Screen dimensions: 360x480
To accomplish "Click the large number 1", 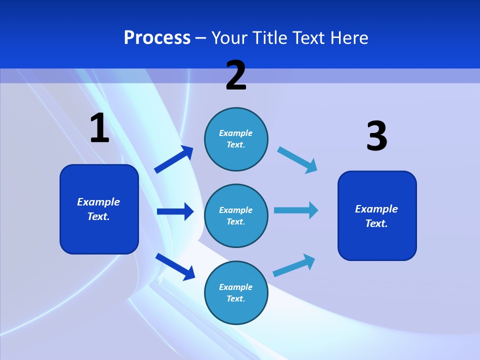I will (x=99, y=128).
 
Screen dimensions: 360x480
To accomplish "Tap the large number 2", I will (x=236, y=75).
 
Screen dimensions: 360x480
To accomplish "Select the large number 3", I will (x=376, y=136).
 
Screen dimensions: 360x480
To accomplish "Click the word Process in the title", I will (x=157, y=37).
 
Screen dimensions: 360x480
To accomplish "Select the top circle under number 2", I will (x=236, y=139).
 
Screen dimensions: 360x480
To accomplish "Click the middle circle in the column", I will (x=236, y=216).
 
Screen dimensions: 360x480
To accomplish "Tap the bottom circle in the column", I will (x=236, y=293).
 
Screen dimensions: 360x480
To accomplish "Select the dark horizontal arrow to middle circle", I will (x=175, y=211).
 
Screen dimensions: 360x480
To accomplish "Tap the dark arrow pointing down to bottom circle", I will (x=175, y=266).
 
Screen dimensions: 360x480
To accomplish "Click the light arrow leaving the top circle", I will (x=297, y=159).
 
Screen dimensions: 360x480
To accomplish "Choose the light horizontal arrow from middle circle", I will (x=296, y=210).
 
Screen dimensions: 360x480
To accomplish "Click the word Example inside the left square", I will (x=98, y=202).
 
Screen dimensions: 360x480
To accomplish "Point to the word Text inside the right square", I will (x=376, y=223).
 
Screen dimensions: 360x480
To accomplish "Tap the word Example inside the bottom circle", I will (x=235, y=287).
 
